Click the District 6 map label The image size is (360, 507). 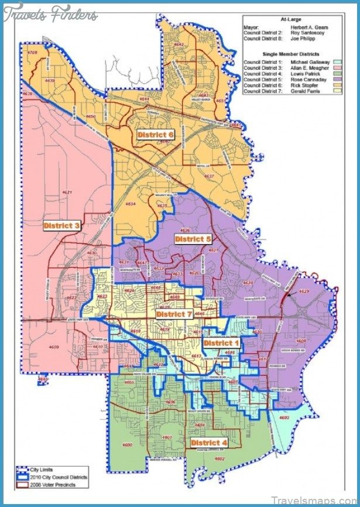tap(155, 135)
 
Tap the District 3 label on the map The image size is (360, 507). tap(61, 225)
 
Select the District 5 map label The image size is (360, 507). tap(193, 239)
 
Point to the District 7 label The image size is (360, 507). tap(174, 314)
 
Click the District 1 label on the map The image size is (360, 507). tap(221, 342)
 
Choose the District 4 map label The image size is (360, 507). tap(209, 443)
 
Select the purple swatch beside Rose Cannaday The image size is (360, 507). tap(338, 80)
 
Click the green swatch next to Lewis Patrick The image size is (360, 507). tap(338, 74)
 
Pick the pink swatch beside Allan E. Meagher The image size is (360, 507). tap(338, 68)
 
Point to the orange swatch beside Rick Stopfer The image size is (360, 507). tap(338, 85)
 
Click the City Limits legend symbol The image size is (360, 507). tap(22, 470)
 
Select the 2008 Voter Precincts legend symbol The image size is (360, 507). tap(22, 484)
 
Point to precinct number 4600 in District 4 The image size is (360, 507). tap(128, 445)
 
